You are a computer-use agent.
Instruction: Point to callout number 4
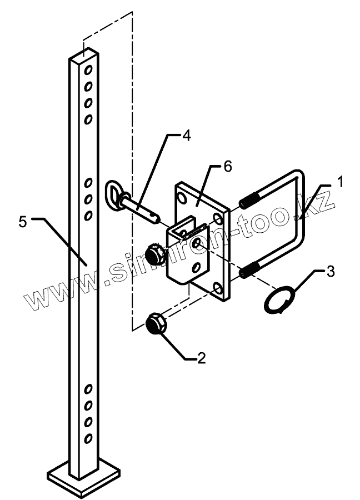point(186,136)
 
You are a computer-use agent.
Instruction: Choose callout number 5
point(22,222)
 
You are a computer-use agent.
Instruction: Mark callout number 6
point(228,166)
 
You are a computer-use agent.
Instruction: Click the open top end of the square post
point(84,56)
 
